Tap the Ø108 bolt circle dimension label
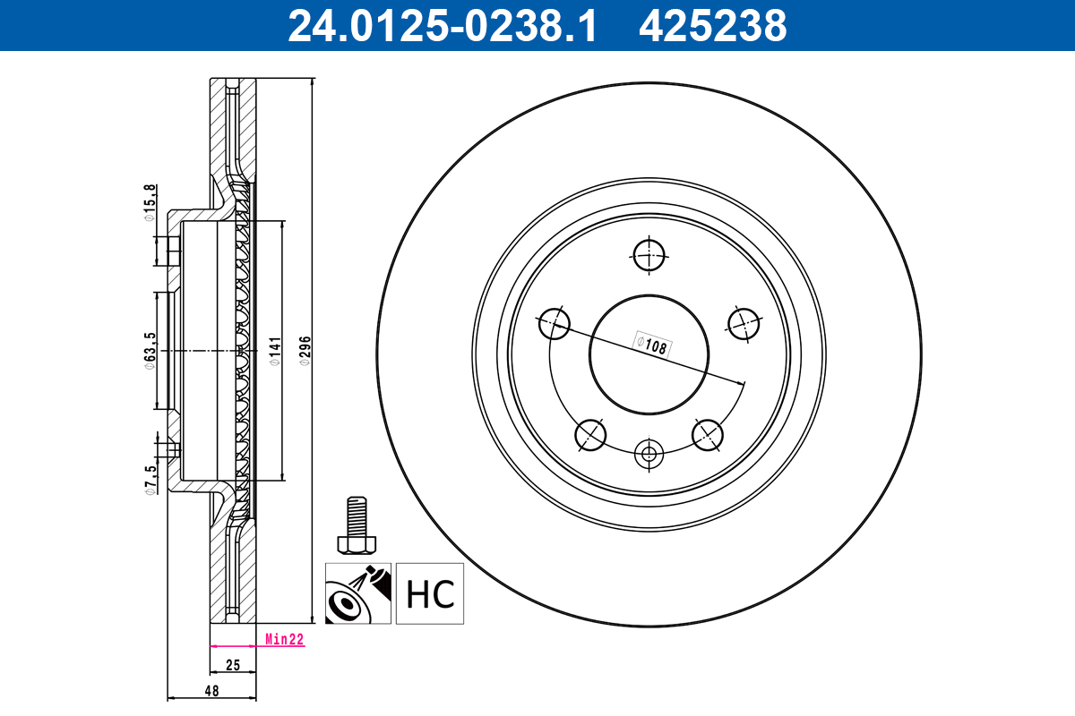click(x=652, y=345)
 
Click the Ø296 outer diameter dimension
click(x=304, y=352)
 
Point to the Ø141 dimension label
click(x=275, y=352)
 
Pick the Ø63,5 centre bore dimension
click(x=150, y=351)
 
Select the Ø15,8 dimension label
click(x=150, y=201)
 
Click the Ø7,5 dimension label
click(x=150, y=479)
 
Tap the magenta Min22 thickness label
click(x=284, y=639)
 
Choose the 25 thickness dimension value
click(x=232, y=666)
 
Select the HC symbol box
click(x=430, y=593)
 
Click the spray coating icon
click(x=358, y=593)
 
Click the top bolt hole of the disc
click(x=649, y=254)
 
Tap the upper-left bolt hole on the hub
click(x=555, y=323)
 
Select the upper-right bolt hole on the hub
click(x=744, y=323)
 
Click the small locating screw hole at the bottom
click(x=649, y=453)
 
